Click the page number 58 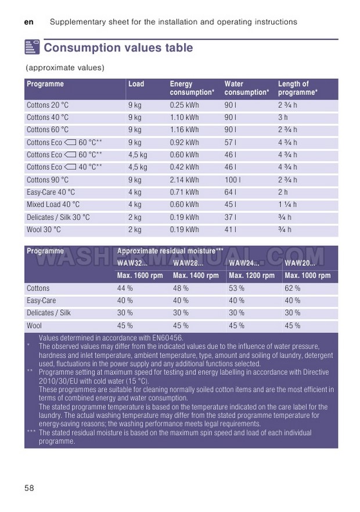click(30, 488)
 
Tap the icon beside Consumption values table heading click(32, 48)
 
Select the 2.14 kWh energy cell click(184, 180)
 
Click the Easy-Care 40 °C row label click(51, 192)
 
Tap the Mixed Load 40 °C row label click(53, 205)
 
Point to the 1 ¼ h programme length click(287, 205)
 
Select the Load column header click(136, 84)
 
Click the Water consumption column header click(246, 88)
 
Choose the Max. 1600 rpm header click(140, 275)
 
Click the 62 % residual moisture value click(292, 288)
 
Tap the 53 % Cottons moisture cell click(236, 288)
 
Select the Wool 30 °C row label click(44, 230)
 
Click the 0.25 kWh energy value click(184, 105)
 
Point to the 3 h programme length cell click(283, 117)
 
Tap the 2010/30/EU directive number click(59, 381)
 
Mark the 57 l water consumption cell click(231, 142)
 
